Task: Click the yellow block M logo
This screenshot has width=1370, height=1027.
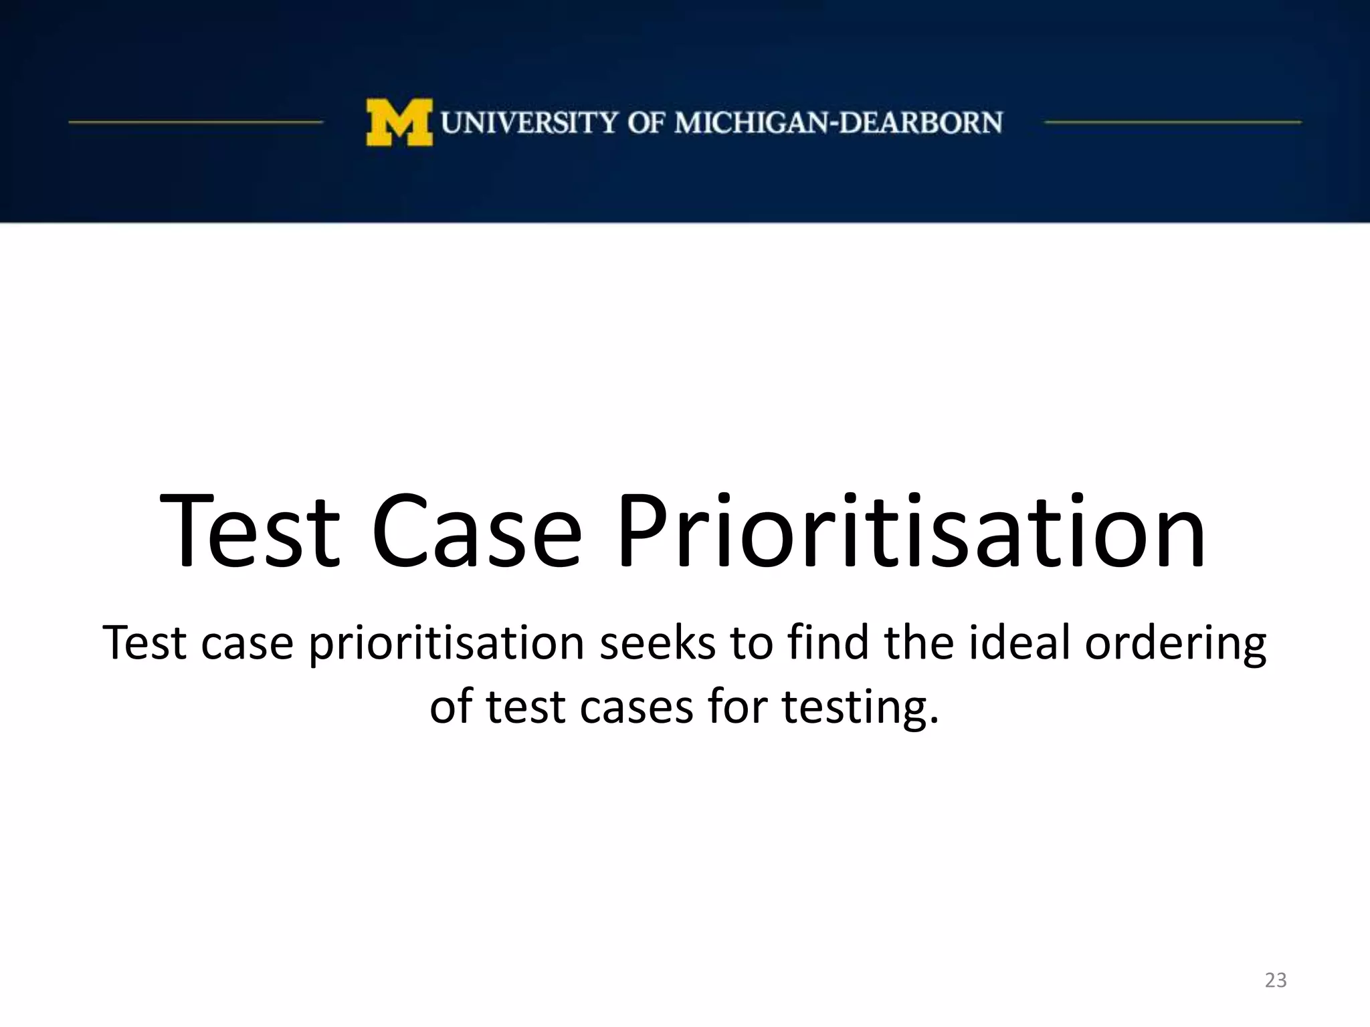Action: (399, 122)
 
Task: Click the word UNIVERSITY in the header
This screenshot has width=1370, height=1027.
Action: (529, 123)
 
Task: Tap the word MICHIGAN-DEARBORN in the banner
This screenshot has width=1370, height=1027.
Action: (839, 123)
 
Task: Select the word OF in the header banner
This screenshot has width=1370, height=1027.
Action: (646, 123)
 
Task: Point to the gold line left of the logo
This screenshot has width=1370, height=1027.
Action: (195, 122)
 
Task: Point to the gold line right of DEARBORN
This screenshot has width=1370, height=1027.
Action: (1172, 122)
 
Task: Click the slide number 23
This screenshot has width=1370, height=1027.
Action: (1276, 980)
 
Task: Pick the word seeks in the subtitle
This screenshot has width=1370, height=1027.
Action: (657, 643)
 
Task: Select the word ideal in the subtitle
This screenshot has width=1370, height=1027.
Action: (1019, 643)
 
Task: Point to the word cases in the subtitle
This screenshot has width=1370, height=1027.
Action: (636, 707)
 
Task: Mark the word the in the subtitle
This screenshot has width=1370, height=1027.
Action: (918, 643)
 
